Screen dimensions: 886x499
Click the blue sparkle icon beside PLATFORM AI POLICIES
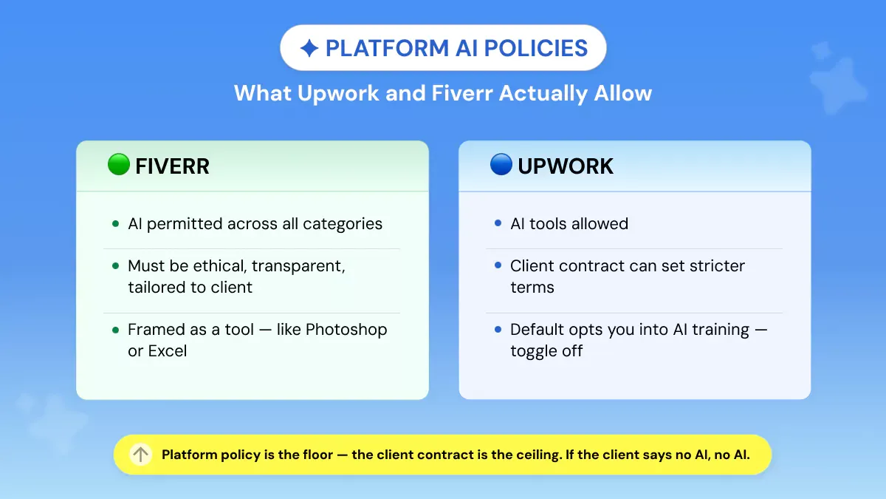[x=309, y=48]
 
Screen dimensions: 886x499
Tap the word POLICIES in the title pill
[x=536, y=48]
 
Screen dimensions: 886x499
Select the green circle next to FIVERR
[x=119, y=164]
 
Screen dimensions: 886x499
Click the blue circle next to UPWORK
[x=501, y=164]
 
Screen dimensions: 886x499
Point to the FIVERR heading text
[x=172, y=166]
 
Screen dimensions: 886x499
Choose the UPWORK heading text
[x=566, y=166]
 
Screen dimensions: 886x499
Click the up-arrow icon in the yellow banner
[x=140, y=454]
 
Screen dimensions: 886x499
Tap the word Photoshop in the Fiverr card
[x=346, y=330]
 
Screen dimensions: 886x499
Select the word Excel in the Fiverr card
[x=168, y=351]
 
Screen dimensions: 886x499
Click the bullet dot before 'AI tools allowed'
[x=498, y=223]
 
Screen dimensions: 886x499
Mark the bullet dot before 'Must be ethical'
[x=115, y=265]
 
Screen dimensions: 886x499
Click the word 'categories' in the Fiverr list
[x=343, y=224]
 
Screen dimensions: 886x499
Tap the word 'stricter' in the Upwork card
[x=717, y=265]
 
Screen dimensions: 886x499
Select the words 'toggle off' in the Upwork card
[x=546, y=351]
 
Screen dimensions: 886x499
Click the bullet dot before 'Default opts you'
[x=498, y=329]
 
